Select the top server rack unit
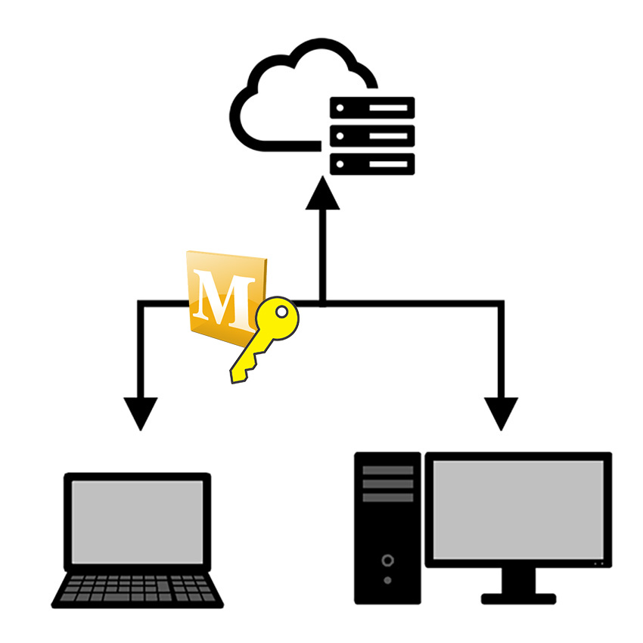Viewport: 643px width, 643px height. pos(372,108)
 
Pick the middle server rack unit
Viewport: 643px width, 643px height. pos(372,136)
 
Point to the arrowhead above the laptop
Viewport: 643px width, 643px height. pos(140,412)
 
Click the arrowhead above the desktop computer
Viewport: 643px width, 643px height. pos(501,412)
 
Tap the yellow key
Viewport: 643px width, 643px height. pos(265,340)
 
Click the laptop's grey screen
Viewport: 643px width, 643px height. pos(137,522)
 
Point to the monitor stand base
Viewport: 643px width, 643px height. pos(518,598)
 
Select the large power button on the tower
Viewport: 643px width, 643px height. pos(388,561)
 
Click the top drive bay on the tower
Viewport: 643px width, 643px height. pos(388,470)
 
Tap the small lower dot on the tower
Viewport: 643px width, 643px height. pos(388,580)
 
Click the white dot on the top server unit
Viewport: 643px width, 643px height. pos(340,108)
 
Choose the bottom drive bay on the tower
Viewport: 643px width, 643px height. pos(388,498)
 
